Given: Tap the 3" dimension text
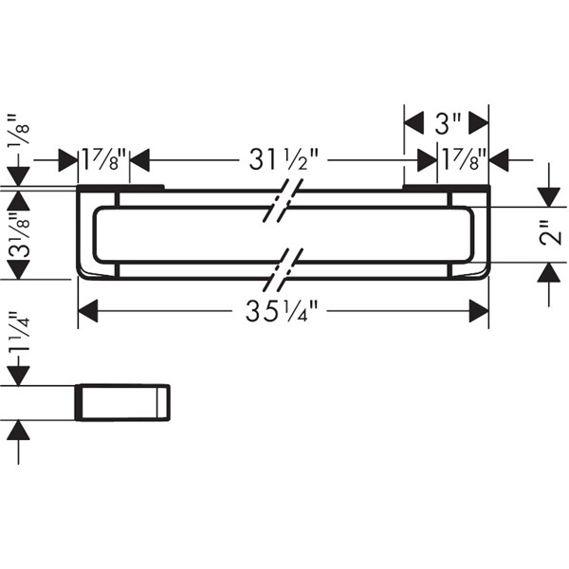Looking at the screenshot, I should pos(447,122).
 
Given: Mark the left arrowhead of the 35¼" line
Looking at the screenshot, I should pos(88,311).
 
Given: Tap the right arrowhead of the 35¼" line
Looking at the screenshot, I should pos(478,311).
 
